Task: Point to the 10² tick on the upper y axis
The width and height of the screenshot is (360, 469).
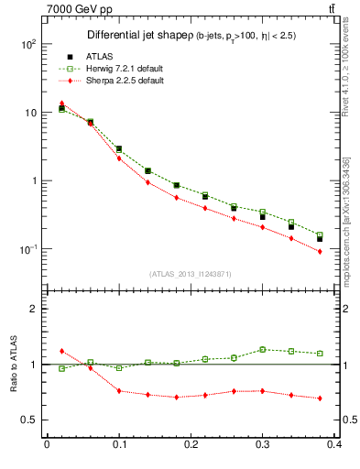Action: point(27,44)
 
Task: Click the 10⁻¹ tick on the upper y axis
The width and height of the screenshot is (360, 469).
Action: point(27,249)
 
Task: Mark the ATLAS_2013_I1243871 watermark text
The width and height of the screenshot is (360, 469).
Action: point(190,275)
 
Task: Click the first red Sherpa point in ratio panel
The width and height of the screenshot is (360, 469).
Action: point(61,351)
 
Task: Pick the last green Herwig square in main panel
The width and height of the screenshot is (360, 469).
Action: point(320,235)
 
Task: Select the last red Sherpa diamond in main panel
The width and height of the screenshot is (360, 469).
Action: point(320,251)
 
